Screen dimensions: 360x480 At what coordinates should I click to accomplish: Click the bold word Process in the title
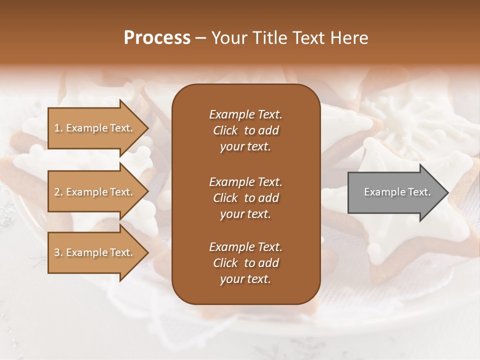pos(157,38)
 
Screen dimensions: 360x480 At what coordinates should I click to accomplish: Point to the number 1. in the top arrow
pos(58,128)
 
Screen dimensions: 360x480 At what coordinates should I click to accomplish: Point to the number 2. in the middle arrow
pos(58,192)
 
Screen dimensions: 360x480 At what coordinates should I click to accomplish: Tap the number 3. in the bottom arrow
pos(58,252)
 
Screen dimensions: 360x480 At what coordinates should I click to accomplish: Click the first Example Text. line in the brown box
pos(245,114)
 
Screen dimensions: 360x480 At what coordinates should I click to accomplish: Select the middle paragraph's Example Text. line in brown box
pos(245,181)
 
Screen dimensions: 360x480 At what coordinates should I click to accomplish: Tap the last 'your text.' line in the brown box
pos(245,279)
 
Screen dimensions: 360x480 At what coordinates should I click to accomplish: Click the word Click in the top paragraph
pos(225,130)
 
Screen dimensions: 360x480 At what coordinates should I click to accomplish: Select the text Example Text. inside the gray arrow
pos(397,192)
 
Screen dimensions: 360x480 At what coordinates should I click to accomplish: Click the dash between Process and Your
pos(200,38)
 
